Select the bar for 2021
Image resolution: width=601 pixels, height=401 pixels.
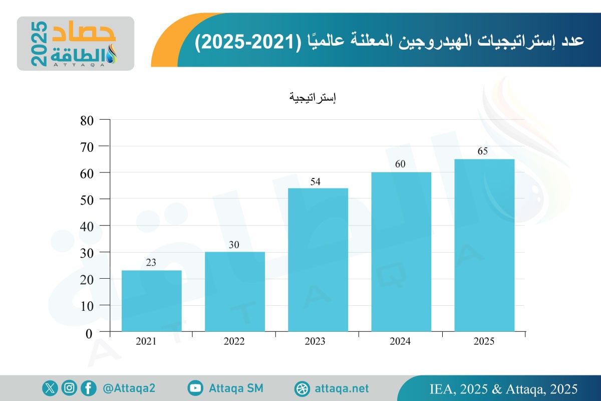pos(152,301)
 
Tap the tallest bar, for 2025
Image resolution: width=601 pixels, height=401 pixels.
pos(484,245)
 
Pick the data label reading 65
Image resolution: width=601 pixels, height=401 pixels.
pos(483,152)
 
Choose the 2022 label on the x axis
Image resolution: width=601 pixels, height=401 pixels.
pos(234,342)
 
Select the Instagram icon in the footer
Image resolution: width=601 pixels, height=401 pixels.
pos(69,388)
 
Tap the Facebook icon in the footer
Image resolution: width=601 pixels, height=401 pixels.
pos(89,388)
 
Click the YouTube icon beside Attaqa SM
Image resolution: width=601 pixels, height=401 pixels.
pos(195,388)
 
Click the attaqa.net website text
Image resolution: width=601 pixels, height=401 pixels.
pos(342,388)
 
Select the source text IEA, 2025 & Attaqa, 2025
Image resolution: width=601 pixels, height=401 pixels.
pos(504,389)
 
